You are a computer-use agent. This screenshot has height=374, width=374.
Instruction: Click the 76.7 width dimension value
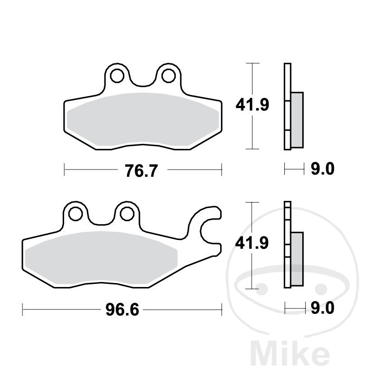(141, 170)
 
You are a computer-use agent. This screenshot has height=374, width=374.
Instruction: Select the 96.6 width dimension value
(122, 310)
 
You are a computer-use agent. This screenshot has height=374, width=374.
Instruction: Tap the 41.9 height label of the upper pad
(252, 105)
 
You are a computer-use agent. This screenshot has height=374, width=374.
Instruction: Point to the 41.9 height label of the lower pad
(252, 244)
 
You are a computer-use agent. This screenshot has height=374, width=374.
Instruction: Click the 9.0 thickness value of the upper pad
(322, 169)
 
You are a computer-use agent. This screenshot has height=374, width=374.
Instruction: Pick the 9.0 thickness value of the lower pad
(322, 308)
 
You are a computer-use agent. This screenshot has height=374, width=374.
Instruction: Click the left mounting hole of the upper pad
(117, 76)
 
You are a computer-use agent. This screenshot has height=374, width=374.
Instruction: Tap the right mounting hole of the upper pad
(169, 76)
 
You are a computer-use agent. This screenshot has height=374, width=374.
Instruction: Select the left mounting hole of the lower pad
(76, 214)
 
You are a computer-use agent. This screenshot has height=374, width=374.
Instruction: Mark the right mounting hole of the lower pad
(127, 214)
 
